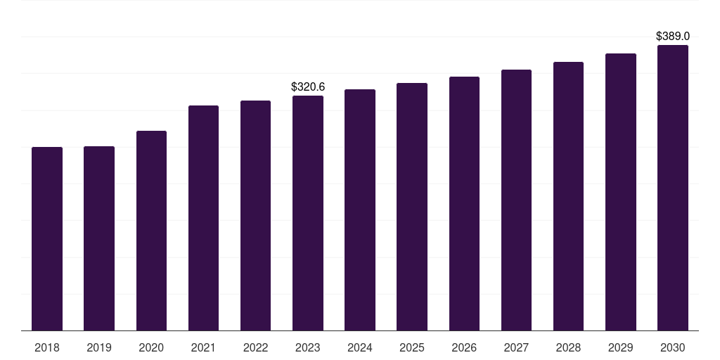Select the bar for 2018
pos(47,239)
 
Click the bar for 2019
pos(99,238)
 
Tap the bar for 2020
pos(152,231)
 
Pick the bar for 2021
pos(203,218)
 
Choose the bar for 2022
pos(255,215)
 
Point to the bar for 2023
pos(308,213)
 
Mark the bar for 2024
pos(360,210)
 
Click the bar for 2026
pos(464,203)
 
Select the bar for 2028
pos(568,196)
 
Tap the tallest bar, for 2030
pos(673,188)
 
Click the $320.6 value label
pos(308,86)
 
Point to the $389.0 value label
pos(673,37)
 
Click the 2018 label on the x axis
pos(47,348)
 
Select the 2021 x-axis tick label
pos(203,348)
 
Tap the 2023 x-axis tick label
pos(308,348)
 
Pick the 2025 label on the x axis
pos(412,348)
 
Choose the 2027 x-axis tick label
pos(516,348)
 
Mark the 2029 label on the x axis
pos(621,348)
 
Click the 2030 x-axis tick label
pos(673,348)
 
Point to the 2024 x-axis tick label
pos(360,348)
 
